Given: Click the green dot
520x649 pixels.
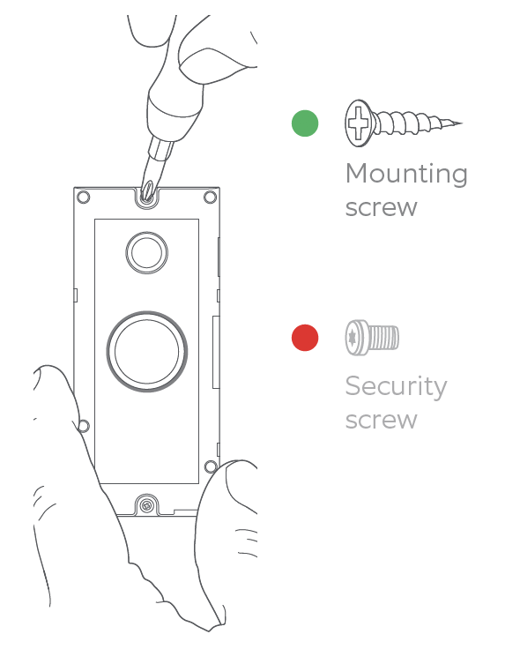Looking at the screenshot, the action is (x=305, y=123).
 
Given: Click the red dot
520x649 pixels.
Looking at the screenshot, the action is (x=305, y=338).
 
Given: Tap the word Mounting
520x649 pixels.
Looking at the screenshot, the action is (x=406, y=175).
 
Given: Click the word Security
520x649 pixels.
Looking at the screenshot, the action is (x=396, y=387).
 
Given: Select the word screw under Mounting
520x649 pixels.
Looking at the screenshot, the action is (x=381, y=208).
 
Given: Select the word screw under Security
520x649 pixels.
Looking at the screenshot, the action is (x=381, y=421).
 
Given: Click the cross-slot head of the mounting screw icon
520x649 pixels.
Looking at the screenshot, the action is (x=358, y=123).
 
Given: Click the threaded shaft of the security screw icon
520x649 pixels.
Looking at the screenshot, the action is (x=383, y=338).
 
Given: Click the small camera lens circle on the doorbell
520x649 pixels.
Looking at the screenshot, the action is (x=147, y=252).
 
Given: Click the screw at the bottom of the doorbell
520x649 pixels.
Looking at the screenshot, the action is (x=146, y=505).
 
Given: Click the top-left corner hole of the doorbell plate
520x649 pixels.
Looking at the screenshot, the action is (x=83, y=197).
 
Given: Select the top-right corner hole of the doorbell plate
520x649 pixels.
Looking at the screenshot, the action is (x=210, y=197).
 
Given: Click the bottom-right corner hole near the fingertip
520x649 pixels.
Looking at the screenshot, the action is (x=211, y=466).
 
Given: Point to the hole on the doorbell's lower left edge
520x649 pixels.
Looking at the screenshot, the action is (x=84, y=426).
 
